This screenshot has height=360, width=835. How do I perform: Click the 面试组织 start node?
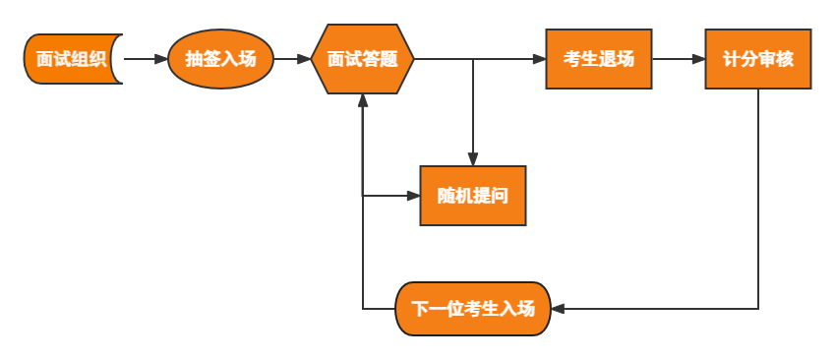click(x=72, y=59)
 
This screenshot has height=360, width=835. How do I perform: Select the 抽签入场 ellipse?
click(x=220, y=59)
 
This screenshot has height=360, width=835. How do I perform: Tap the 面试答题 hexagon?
click(x=363, y=59)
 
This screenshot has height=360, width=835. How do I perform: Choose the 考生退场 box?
click(x=599, y=59)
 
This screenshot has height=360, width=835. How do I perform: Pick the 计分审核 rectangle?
click(x=757, y=59)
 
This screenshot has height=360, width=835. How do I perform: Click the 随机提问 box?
click(x=473, y=196)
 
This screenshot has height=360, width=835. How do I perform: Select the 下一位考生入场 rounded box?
click(x=473, y=309)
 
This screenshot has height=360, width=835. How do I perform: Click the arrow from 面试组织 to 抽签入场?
click(x=146, y=59)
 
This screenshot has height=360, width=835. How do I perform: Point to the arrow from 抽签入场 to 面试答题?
click(x=292, y=59)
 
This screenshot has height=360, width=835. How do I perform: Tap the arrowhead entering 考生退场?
click(x=539, y=59)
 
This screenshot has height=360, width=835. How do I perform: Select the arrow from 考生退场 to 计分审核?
click(x=679, y=59)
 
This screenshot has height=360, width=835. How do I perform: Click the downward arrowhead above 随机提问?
click(x=473, y=159)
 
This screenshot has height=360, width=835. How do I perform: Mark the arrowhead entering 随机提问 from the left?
click(x=413, y=196)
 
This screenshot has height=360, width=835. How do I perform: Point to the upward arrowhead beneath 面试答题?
click(x=363, y=100)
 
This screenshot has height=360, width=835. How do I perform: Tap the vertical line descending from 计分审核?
click(x=758, y=197)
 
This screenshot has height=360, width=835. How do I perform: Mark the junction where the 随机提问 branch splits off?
click(x=473, y=59)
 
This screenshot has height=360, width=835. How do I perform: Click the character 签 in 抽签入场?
click(x=211, y=59)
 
